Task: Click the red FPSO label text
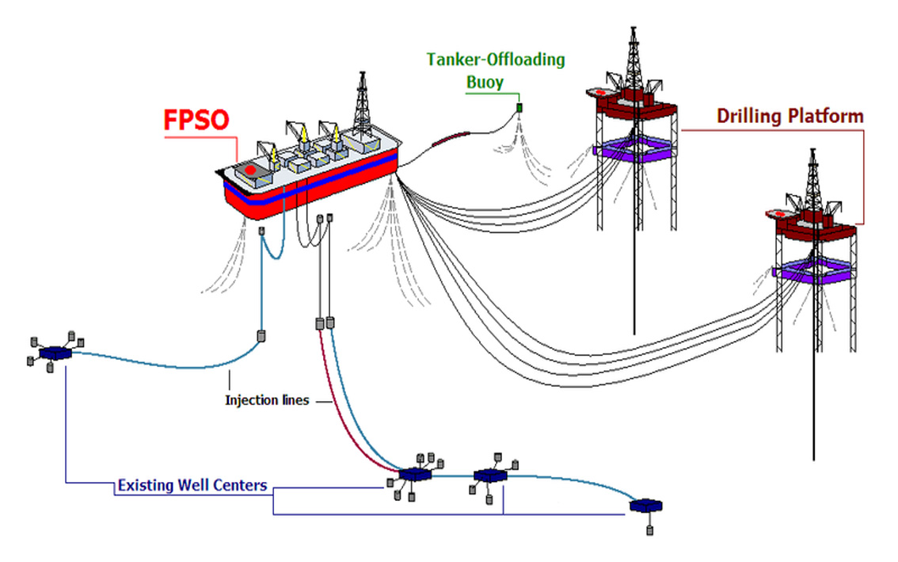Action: pyautogui.click(x=196, y=120)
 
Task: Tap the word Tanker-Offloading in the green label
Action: pyautogui.click(x=496, y=59)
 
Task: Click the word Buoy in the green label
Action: pyautogui.click(x=485, y=82)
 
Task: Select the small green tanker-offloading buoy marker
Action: pyautogui.click(x=519, y=108)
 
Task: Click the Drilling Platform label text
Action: pyautogui.click(x=790, y=116)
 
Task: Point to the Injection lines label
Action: pyautogui.click(x=267, y=400)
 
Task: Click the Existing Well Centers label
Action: pyautogui.click(x=192, y=485)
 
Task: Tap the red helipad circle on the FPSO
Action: pyautogui.click(x=250, y=170)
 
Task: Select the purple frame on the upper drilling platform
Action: pyautogui.click(x=634, y=149)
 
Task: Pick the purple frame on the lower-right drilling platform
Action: pyautogui.click(x=814, y=270)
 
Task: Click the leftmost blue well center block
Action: pyautogui.click(x=55, y=353)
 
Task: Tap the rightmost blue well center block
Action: pyautogui.click(x=646, y=506)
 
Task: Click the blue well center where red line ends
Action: pyautogui.click(x=415, y=475)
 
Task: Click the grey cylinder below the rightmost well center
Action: pyautogui.click(x=649, y=530)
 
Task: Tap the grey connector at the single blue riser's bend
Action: pyautogui.click(x=261, y=335)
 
